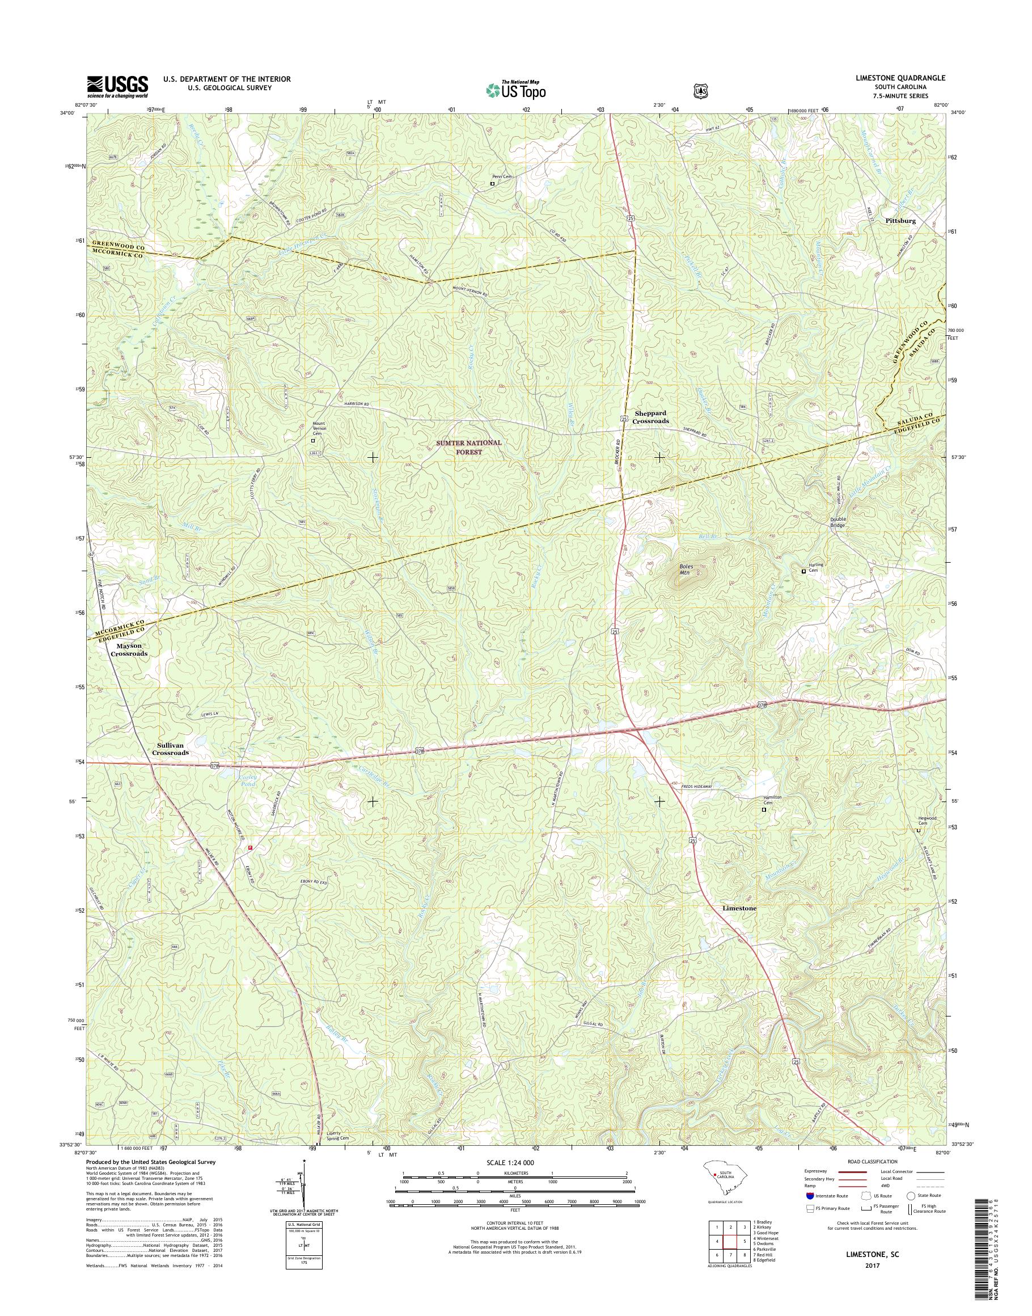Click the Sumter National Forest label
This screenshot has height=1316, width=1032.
(469, 447)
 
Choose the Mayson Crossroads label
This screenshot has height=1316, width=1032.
(129, 649)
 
